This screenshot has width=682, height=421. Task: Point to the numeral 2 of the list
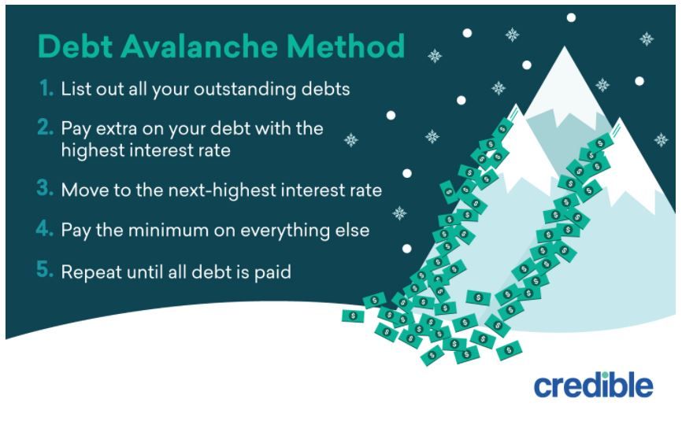(x=46, y=127)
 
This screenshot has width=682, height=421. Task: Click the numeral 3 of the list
(x=46, y=190)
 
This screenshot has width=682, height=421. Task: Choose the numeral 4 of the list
(x=46, y=231)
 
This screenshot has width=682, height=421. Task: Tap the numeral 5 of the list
(x=46, y=271)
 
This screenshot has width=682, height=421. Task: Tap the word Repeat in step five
(x=89, y=272)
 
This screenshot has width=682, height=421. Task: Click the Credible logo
(x=593, y=385)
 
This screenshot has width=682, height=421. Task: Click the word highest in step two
(x=91, y=150)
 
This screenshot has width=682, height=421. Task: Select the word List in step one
(x=76, y=89)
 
